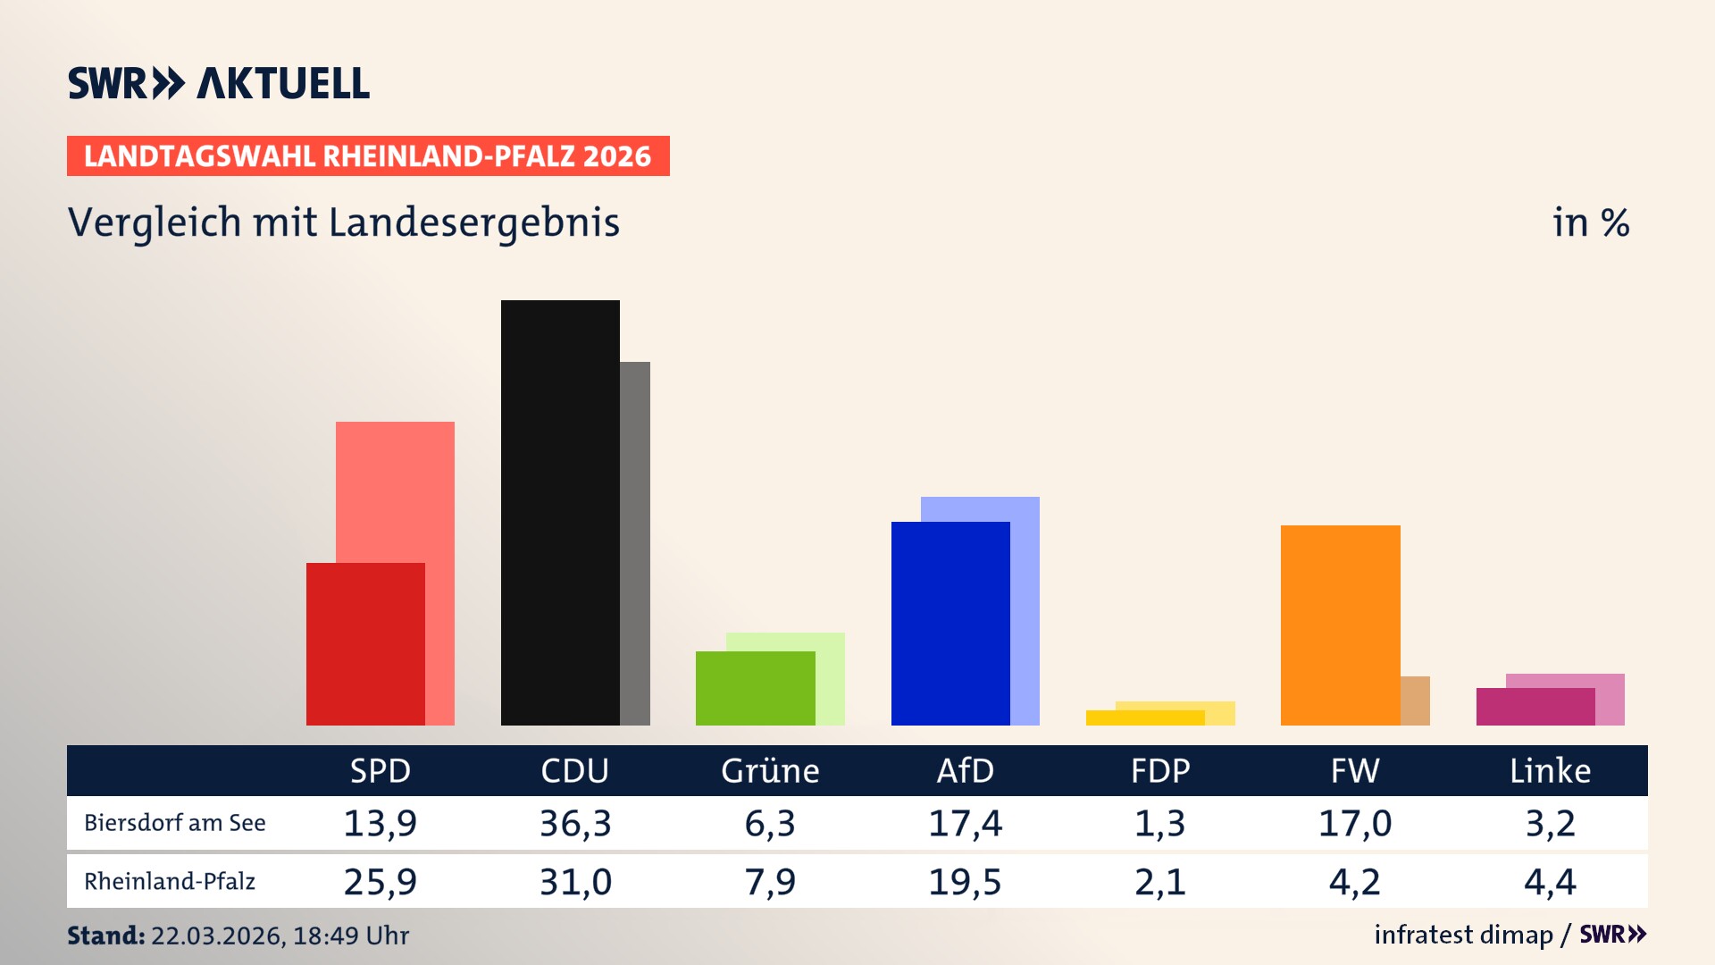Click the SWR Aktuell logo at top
pyautogui.click(x=218, y=83)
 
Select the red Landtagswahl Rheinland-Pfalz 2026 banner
pyautogui.click(x=368, y=156)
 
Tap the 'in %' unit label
pyautogui.click(x=1590, y=223)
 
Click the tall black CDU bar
pyautogui.click(x=560, y=512)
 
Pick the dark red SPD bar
pyautogui.click(x=365, y=643)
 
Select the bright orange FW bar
pyautogui.click(x=1340, y=625)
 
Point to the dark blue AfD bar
pyautogui.click(x=950, y=623)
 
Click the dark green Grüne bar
pyautogui.click(x=755, y=688)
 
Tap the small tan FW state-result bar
pyautogui.click(x=1415, y=701)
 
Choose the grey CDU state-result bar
pyautogui.click(x=635, y=543)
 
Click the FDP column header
pyautogui.click(x=1159, y=771)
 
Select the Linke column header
pyautogui.click(x=1550, y=771)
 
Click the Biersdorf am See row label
pyautogui.click(x=175, y=823)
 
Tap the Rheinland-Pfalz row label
pyautogui.click(x=170, y=882)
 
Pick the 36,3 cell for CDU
pyautogui.click(x=575, y=823)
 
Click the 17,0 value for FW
pyautogui.click(x=1355, y=823)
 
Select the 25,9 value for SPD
pyautogui.click(x=381, y=882)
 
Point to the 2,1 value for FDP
pyautogui.click(x=1159, y=882)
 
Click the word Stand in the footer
pyautogui.click(x=105, y=936)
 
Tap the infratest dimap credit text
pyautogui.click(x=1463, y=935)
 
